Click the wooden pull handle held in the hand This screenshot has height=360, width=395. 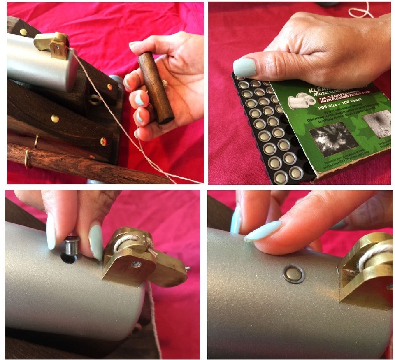click(156, 88)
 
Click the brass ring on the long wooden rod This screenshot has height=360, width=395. click(28, 158)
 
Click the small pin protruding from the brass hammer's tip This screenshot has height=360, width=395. click(187, 269)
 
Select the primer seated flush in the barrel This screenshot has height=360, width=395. click(293, 274)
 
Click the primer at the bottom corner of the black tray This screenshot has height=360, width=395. click(281, 177)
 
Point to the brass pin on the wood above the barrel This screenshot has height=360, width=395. click(23, 32)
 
